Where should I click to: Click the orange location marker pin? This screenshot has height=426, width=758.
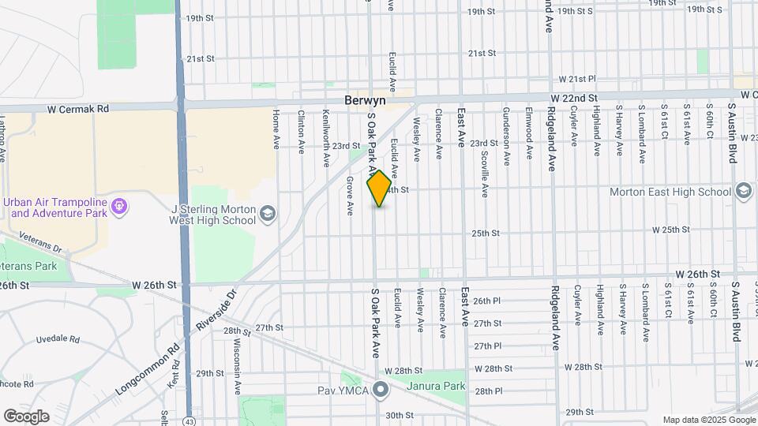(x=379, y=189)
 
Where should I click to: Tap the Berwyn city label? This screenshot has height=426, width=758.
(x=363, y=101)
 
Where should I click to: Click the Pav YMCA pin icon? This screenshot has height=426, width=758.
(x=381, y=390)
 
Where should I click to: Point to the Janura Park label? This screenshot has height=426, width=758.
(x=434, y=387)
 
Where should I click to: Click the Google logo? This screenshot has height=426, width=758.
(x=27, y=417)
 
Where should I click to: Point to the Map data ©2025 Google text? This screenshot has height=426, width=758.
(x=708, y=420)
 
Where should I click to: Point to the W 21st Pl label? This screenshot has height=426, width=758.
(x=577, y=80)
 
